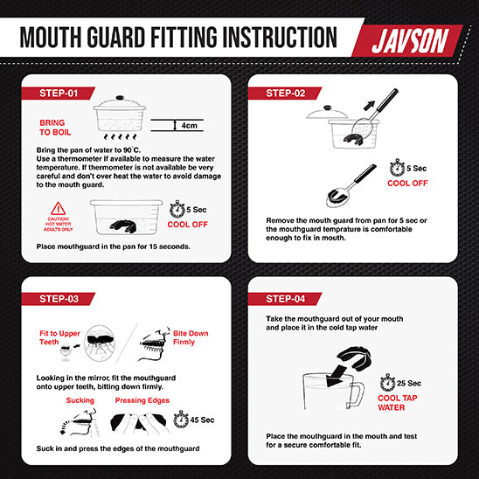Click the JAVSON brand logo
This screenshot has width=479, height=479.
click(410, 41)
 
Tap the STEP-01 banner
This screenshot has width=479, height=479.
click(58, 94)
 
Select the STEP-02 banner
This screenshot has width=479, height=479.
click(285, 94)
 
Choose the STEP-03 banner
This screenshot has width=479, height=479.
click(58, 299)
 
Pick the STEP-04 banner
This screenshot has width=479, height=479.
click(285, 299)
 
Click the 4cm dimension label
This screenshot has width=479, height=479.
click(189, 126)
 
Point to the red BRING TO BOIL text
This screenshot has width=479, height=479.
click(55, 128)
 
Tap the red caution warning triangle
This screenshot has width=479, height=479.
click(58, 209)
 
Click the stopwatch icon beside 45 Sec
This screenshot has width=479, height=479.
click(181, 420)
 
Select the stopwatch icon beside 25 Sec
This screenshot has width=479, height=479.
click(388, 382)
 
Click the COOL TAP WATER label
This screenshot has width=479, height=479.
click(397, 403)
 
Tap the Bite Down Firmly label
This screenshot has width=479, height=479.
click(191, 337)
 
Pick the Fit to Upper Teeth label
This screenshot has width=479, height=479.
click(59, 337)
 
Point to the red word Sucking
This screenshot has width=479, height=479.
click(80, 400)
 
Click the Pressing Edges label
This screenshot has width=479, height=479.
click(142, 400)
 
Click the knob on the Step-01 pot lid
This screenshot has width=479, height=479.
click(120, 99)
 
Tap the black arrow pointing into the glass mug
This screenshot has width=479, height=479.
click(336, 376)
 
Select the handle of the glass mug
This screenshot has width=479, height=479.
click(356, 395)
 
